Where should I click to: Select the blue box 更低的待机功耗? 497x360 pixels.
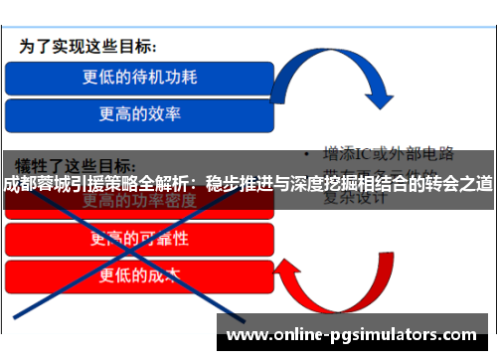[x=139, y=76]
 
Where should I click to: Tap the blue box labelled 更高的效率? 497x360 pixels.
[x=139, y=112]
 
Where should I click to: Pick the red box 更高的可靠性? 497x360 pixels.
[x=139, y=239]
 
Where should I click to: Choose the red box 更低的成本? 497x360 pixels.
[x=139, y=274]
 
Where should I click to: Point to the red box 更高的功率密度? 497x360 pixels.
[x=139, y=203]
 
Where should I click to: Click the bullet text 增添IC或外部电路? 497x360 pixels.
[x=388, y=154]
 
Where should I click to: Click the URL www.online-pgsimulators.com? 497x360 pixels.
[x=353, y=333]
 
